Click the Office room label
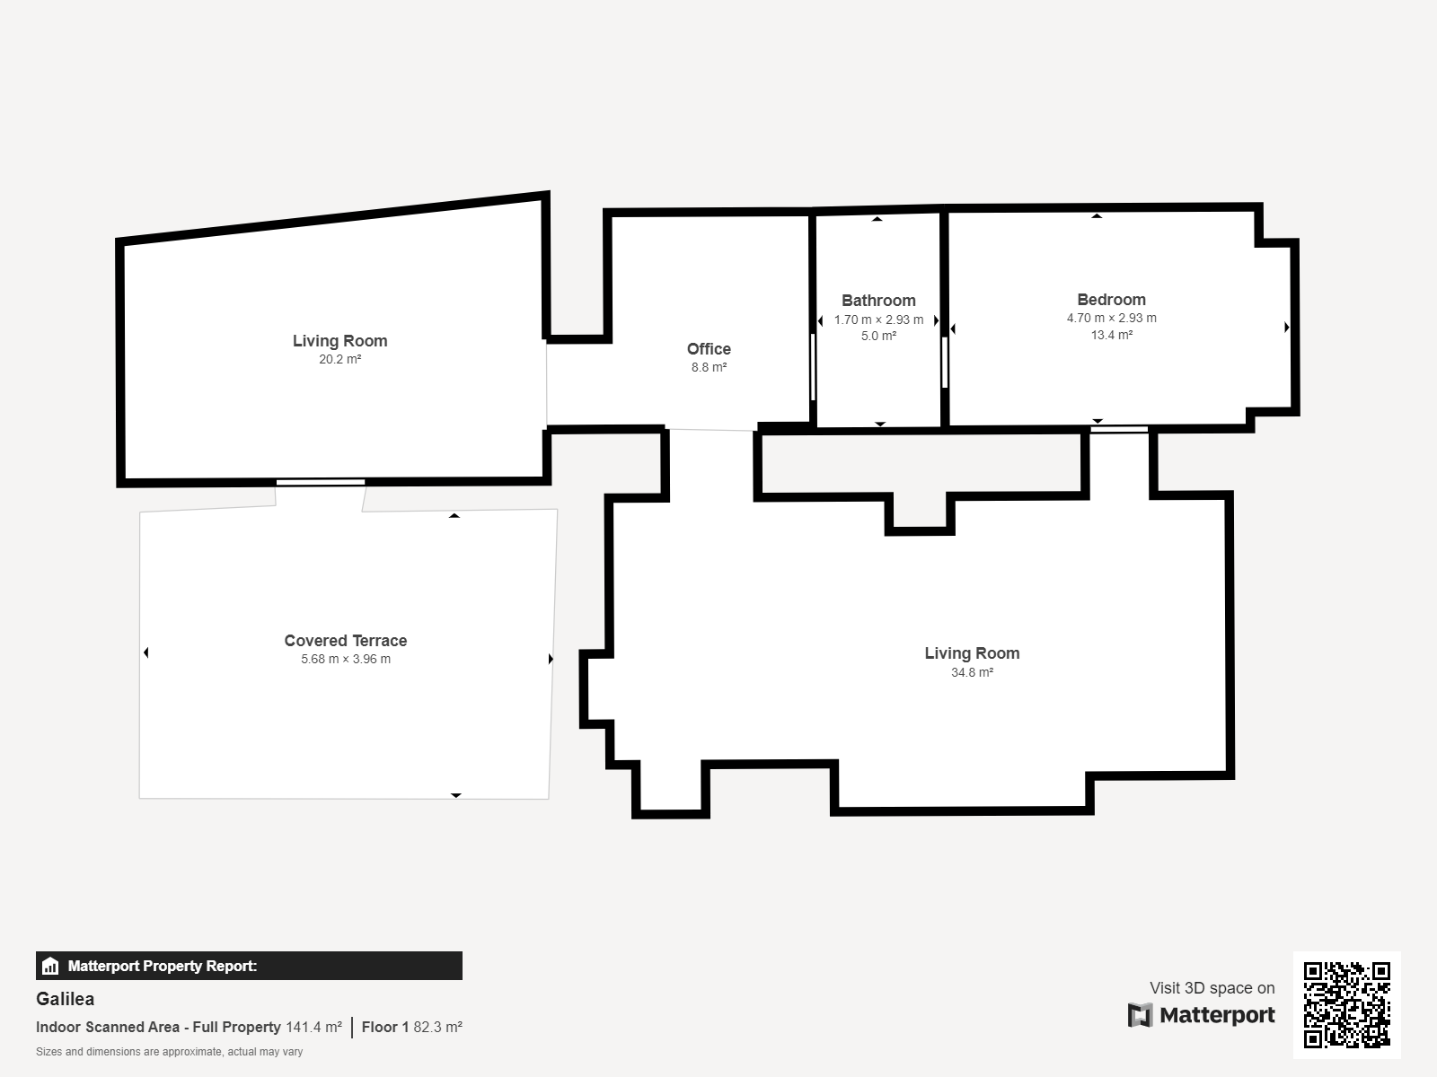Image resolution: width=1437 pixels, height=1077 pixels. point(709,348)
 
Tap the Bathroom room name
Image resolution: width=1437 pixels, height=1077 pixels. point(878,300)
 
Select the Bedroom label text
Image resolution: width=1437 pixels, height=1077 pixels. point(1111,300)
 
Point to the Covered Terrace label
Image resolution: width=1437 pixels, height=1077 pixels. point(346,640)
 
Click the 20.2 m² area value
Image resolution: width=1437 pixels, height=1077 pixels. point(339,359)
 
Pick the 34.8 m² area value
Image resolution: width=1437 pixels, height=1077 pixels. point(972,672)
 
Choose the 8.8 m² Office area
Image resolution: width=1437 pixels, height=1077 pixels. point(709,367)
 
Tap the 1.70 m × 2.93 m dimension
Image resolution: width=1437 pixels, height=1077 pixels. point(878,320)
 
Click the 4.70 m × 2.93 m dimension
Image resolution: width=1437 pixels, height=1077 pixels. point(1111,318)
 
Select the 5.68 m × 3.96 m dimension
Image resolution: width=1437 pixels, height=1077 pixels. point(346,659)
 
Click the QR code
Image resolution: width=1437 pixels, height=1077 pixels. point(1346,1004)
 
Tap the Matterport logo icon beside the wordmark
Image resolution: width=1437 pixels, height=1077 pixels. point(1140,1015)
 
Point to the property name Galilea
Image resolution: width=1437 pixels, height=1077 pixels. point(65,999)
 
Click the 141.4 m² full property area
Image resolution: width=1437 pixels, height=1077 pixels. point(313,1027)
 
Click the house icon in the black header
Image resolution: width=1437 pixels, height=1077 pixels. point(50,966)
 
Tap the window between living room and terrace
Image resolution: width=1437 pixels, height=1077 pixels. point(320,483)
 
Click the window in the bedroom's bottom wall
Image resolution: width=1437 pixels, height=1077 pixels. point(1119,430)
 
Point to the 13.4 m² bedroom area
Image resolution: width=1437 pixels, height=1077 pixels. point(1111,335)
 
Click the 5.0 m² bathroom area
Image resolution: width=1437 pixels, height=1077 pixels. point(878,336)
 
